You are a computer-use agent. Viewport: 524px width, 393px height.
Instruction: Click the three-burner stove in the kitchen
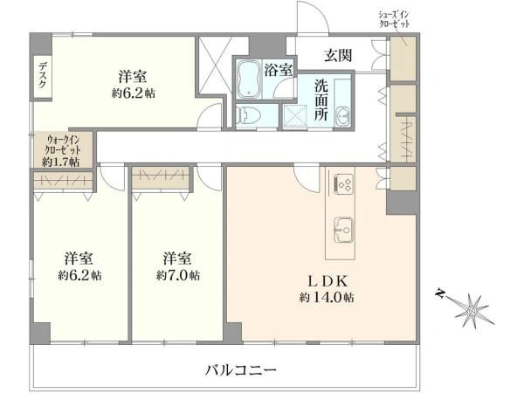pos(341,184)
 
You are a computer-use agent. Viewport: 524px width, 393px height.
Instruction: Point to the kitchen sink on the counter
pos(341,228)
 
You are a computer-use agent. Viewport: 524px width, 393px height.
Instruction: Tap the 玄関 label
pos(338,56)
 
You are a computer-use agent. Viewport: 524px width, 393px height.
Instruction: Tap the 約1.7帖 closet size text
pos(61,162)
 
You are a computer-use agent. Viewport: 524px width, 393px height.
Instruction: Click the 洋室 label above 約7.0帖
pos(177,259)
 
